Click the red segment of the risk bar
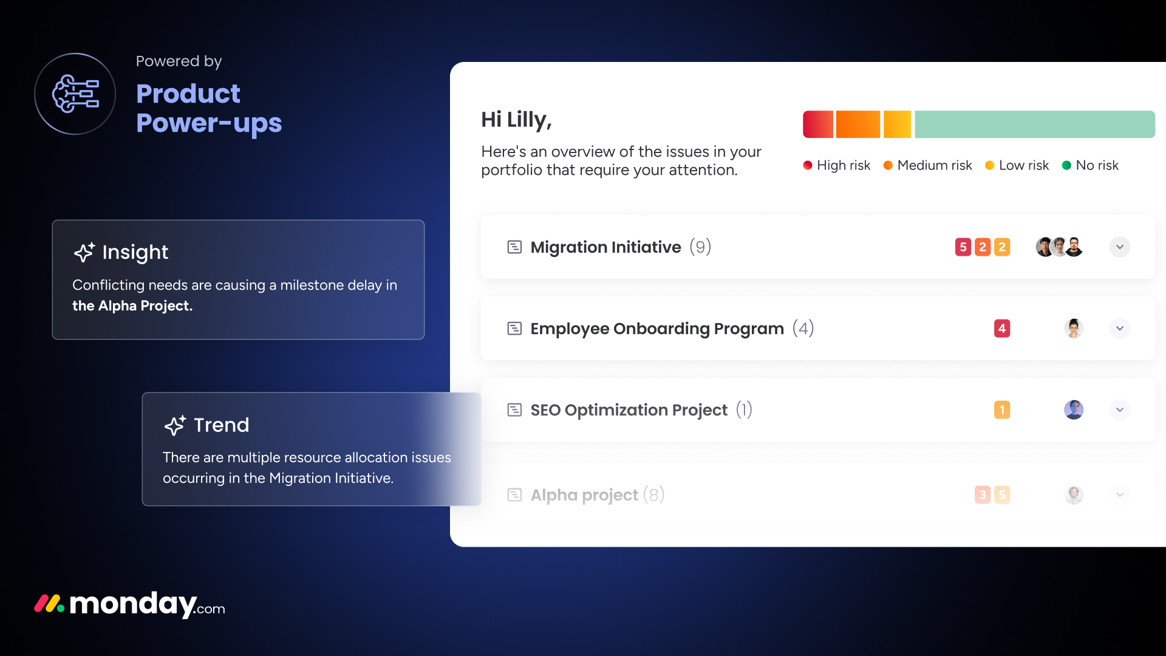[x=818, y=125]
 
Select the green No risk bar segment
[x=1035, y=125]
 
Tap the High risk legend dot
[x=808, y=165]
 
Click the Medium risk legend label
[x=935, y=165]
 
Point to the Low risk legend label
[x=1024, y=165]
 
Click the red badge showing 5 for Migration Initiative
[x=963, y=247]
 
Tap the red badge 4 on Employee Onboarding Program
[x=1002, y=329]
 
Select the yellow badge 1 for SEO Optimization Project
[x=1002, y=410]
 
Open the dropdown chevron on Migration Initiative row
[x=1120, y=247]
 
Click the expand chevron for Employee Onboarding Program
[x=1120, y=329]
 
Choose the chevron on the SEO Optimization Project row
[x=1120, y=410]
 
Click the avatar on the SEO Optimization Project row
[x=1074, y=410]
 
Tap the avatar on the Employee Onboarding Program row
[x=1074, y=329]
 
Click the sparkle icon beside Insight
[x=84, y=252]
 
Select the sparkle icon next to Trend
[x=175, y=425]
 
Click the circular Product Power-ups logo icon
[x=75, y=94]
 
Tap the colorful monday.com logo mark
[x=49, y=604]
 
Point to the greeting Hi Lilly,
[x=516, y=120]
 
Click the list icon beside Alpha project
[x=514, y=495]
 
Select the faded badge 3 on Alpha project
[x=983, y=495]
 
